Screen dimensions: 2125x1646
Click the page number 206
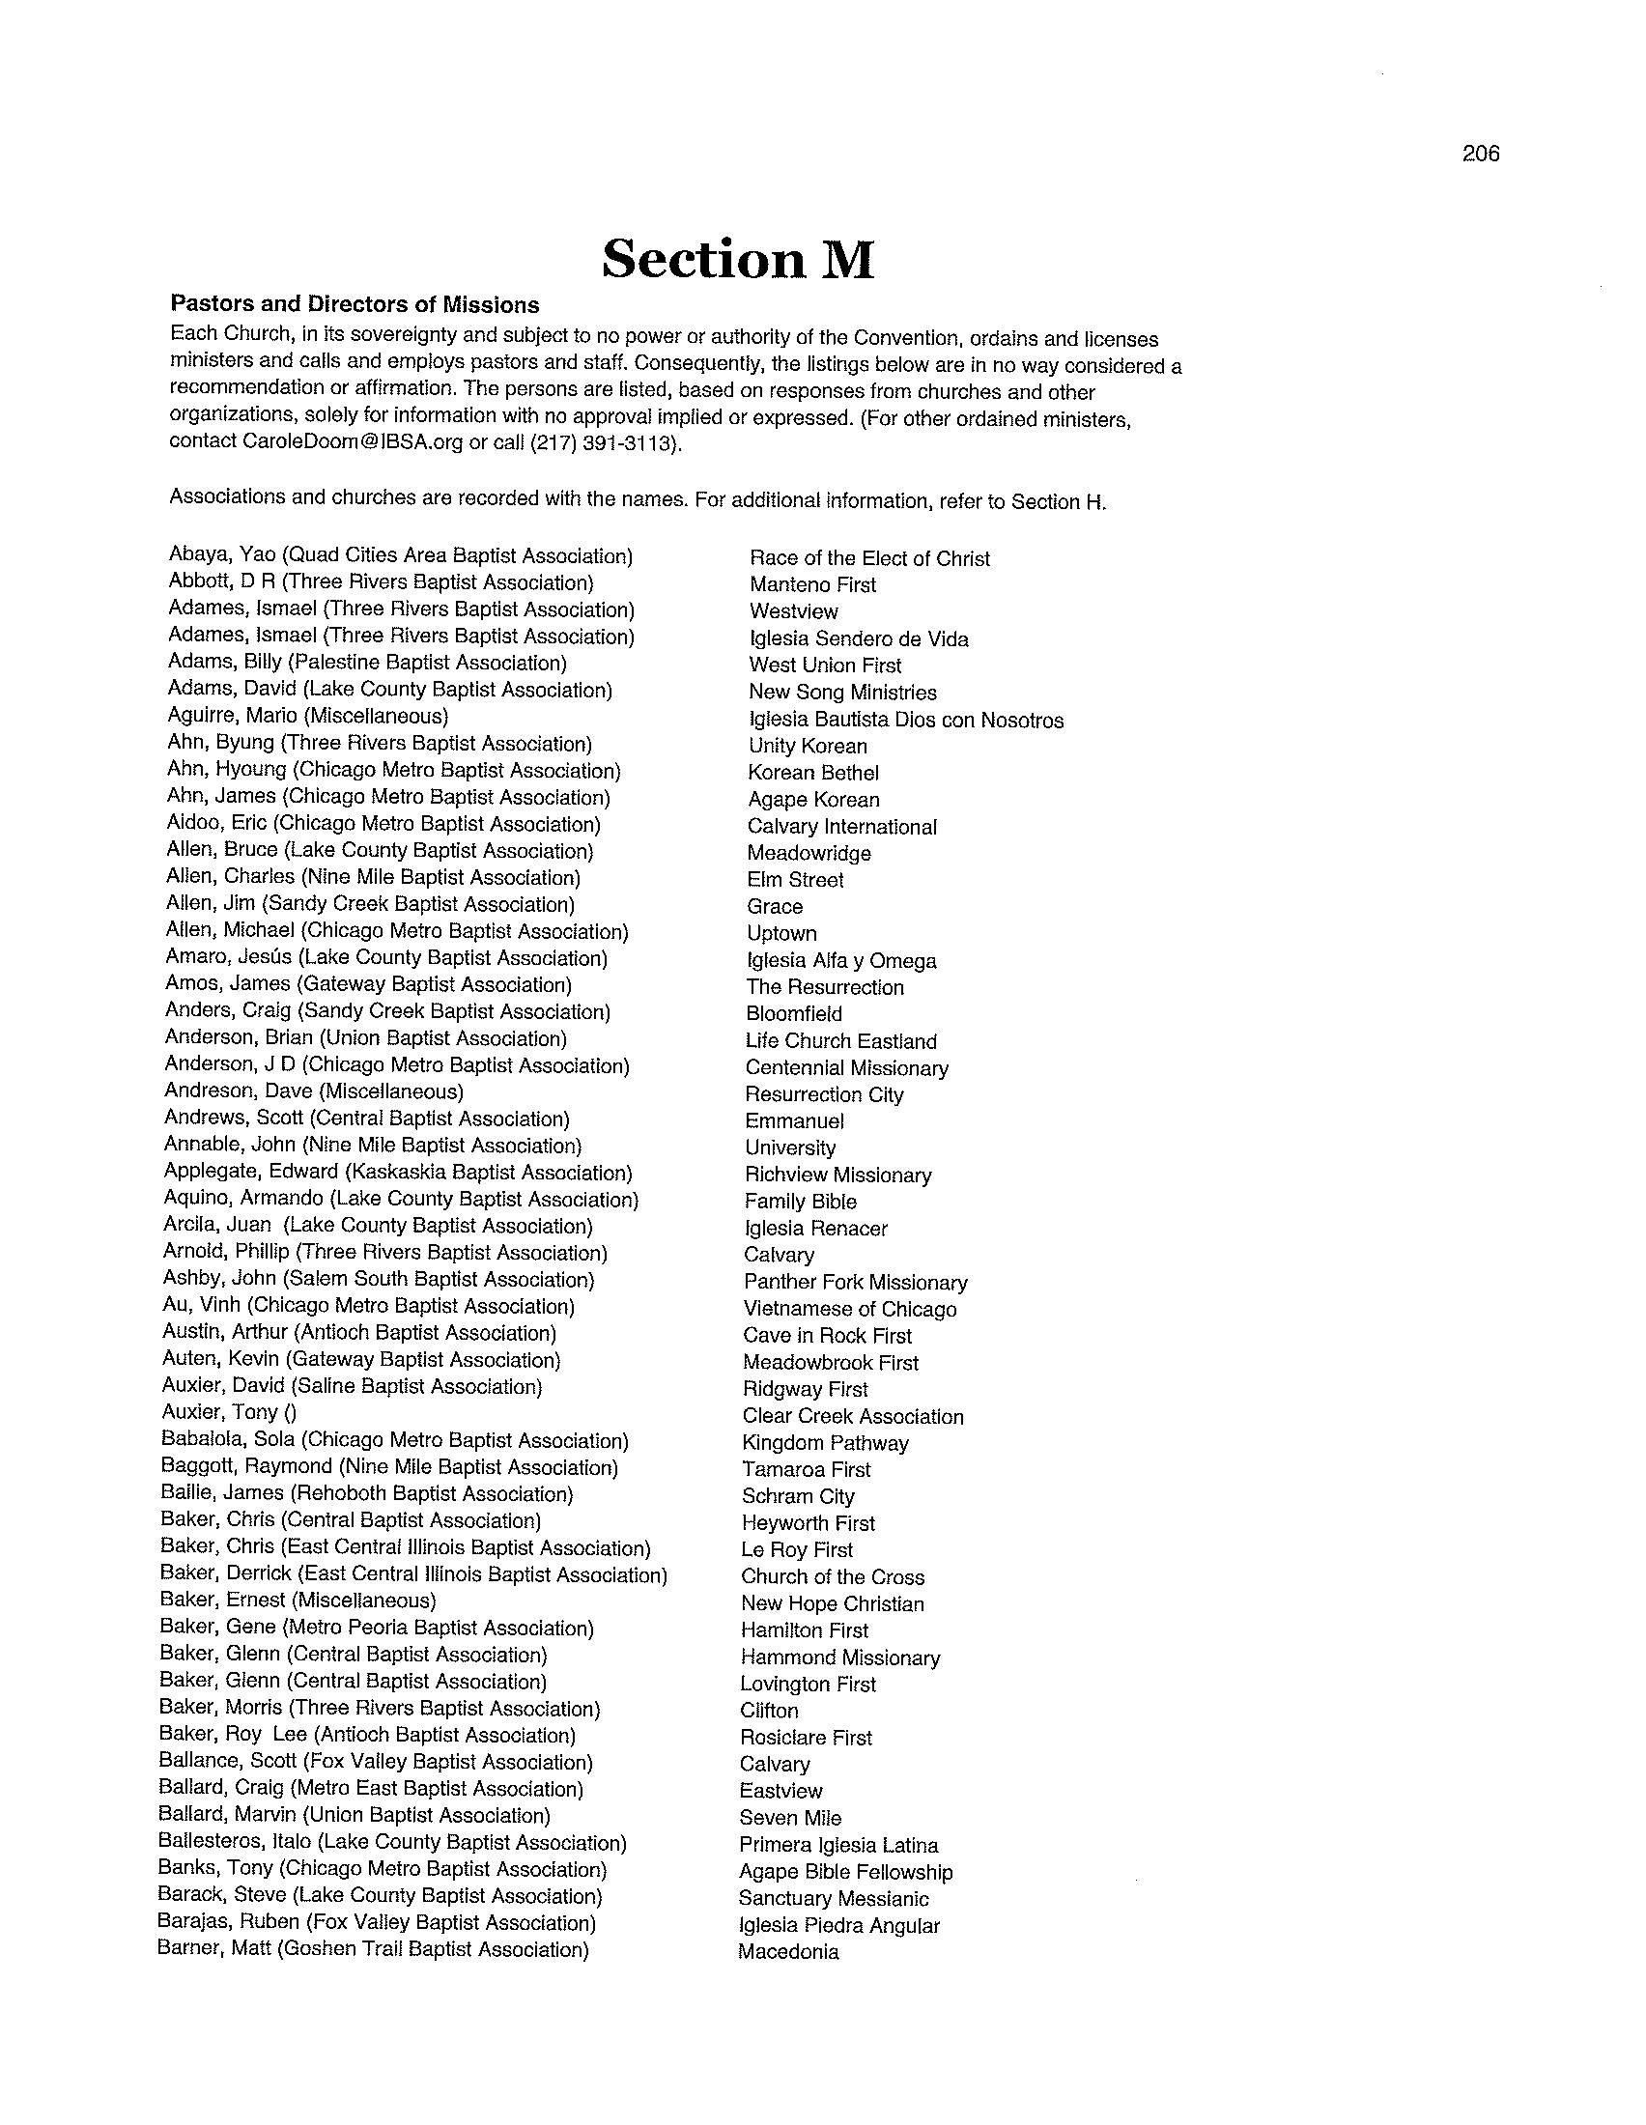point(1480,154)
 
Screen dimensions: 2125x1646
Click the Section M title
point(738,259)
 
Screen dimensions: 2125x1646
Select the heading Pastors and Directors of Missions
point(355,303)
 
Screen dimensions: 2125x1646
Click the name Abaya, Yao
point(223,554)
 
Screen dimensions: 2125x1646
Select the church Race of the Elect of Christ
point(868,558)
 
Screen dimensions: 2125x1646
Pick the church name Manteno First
point(812,584)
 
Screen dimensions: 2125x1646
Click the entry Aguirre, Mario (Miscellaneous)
point(307,716)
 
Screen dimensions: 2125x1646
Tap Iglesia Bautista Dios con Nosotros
point(906,720)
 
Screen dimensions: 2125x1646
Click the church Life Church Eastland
point(840,1041)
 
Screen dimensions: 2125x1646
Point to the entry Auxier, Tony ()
point(230,1413)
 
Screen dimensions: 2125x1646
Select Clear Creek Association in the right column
point(852,1417)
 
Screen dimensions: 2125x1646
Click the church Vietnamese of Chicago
point(849,1309)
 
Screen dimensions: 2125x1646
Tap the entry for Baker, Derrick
point(413,1574)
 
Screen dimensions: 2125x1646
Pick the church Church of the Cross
point(832,1577)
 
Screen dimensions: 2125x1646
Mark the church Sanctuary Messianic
point(833,1898)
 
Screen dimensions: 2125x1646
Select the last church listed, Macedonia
point(788,1952)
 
